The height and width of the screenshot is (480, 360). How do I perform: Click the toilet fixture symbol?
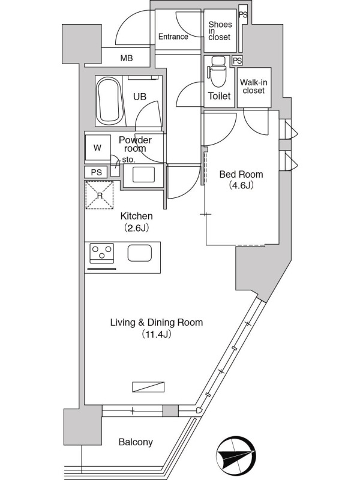[x=217, y=71]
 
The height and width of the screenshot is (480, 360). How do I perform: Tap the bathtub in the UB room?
[x=108, y=100]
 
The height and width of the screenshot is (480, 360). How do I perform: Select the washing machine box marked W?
[x=98, y=148]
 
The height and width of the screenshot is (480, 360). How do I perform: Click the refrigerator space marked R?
[x=100, y=195]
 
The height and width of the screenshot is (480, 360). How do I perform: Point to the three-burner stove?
[x=101, y=253]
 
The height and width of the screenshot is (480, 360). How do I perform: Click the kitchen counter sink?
[x=140, y=253]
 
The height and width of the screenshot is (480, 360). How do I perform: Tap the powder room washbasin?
[x=143, y=175]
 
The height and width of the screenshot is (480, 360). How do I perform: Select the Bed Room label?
[x=241, y=175]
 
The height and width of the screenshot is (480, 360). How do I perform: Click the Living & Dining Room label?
[x=157, y=322]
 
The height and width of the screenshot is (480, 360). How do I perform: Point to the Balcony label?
[x=136, y=442]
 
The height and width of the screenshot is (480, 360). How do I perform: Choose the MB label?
[x=127, y=58]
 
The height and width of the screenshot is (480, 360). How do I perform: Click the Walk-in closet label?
[x=253, y=86]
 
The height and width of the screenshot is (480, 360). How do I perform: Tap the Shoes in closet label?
[x=220, y=31]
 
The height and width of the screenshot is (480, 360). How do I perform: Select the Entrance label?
[x=173, y=37]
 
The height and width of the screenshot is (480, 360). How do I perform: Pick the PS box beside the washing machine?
[x=96, y=172]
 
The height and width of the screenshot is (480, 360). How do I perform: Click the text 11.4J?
[x=156, y=334]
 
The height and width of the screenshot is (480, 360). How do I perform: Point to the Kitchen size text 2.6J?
[x=137, y=228]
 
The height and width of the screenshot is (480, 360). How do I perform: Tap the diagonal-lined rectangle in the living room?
[x=148, y=387]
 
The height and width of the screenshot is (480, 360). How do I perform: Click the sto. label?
[x=128, y=160]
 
